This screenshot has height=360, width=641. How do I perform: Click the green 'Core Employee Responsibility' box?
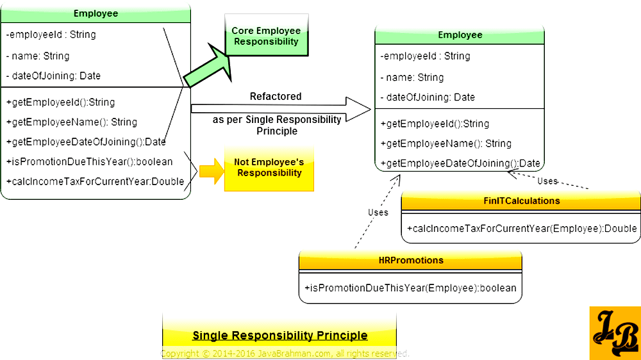[265, 37]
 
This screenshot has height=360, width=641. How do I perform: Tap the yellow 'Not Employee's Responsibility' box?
[269, 168]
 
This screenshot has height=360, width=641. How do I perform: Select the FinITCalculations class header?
[521, 201]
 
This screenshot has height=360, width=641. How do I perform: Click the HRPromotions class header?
[410, 261]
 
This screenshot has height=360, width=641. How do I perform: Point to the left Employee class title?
[96, 13]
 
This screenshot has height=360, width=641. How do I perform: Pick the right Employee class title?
[460, 35]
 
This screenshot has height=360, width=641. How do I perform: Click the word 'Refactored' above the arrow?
[276, 97]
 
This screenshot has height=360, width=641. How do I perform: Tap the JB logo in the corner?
[614, 333]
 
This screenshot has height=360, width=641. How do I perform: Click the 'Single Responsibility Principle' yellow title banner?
[279, 335]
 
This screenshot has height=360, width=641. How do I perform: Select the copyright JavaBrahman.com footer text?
[285, 354]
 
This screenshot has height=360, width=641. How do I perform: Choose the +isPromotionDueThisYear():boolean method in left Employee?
[89, 161]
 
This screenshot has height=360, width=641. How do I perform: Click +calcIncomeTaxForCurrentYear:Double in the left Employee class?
[95, 181]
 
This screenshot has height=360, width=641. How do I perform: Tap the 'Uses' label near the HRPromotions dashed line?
[378, 212]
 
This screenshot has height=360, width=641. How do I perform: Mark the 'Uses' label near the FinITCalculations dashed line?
[547, 181]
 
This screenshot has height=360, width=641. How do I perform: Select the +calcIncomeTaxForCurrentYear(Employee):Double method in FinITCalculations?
[521, 229]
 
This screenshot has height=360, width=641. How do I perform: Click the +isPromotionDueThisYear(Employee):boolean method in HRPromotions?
[410, 288]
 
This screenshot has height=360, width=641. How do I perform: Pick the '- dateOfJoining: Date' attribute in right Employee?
[428, 97]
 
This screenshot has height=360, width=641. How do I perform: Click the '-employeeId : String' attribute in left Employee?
[51, 34]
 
